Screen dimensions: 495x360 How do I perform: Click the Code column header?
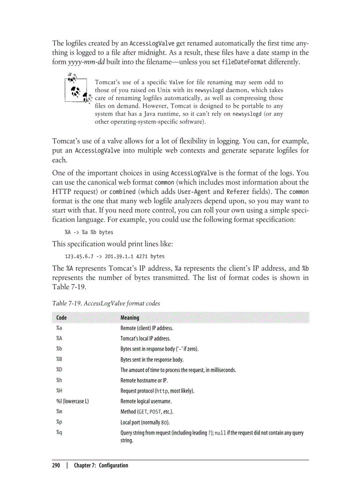coord(61,317)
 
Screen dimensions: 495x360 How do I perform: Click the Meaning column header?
coord(130,317)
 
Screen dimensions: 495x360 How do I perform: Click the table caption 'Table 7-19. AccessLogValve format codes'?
coord(106,303)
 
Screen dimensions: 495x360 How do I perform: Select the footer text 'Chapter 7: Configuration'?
coord(101,465)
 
